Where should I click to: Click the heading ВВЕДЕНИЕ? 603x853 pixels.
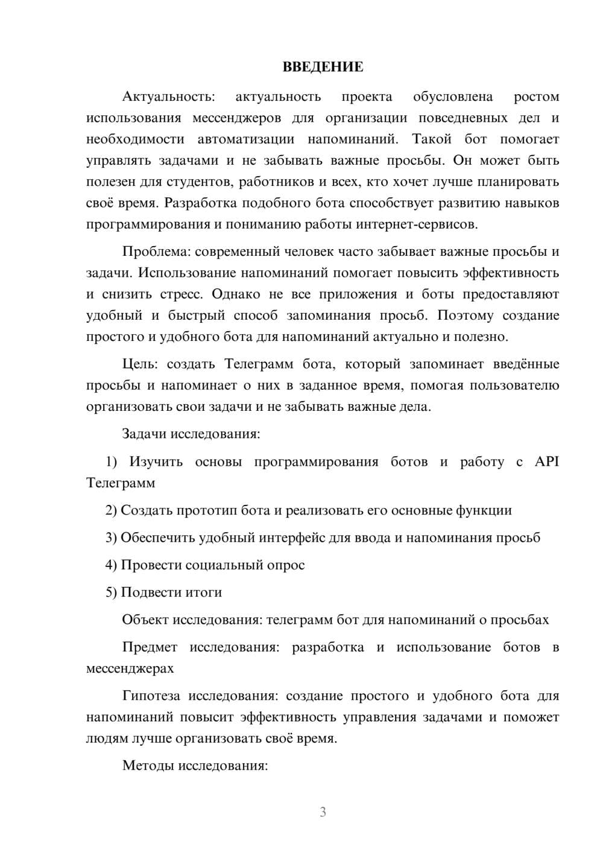(323, 67)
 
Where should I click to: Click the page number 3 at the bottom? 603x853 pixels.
(323, 812)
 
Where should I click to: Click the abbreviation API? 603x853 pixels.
(547, 461)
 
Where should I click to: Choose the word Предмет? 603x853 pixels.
(150, 647)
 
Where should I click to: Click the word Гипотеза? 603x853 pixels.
(151, 696)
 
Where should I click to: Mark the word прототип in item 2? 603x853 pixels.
(206, 510)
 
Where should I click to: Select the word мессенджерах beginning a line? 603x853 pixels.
(130, 668)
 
